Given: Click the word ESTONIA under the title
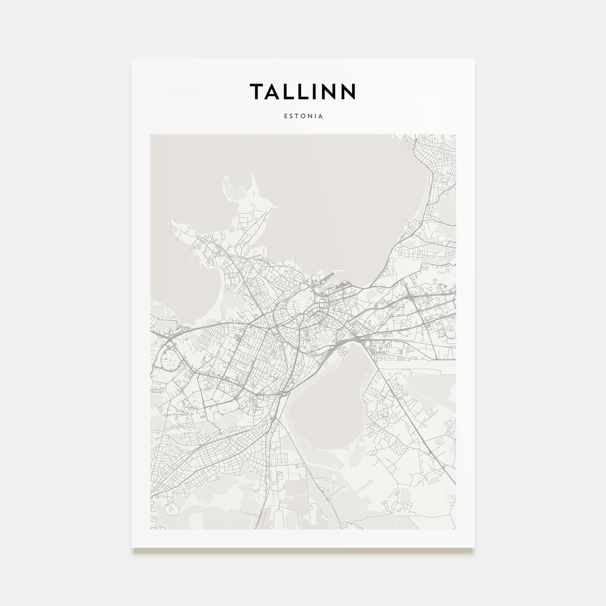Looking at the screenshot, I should click(303, 116).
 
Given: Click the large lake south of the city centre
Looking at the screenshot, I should click(329, 407).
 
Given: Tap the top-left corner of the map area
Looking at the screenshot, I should click(151, 135).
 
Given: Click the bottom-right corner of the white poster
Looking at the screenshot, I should click(474, 548).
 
